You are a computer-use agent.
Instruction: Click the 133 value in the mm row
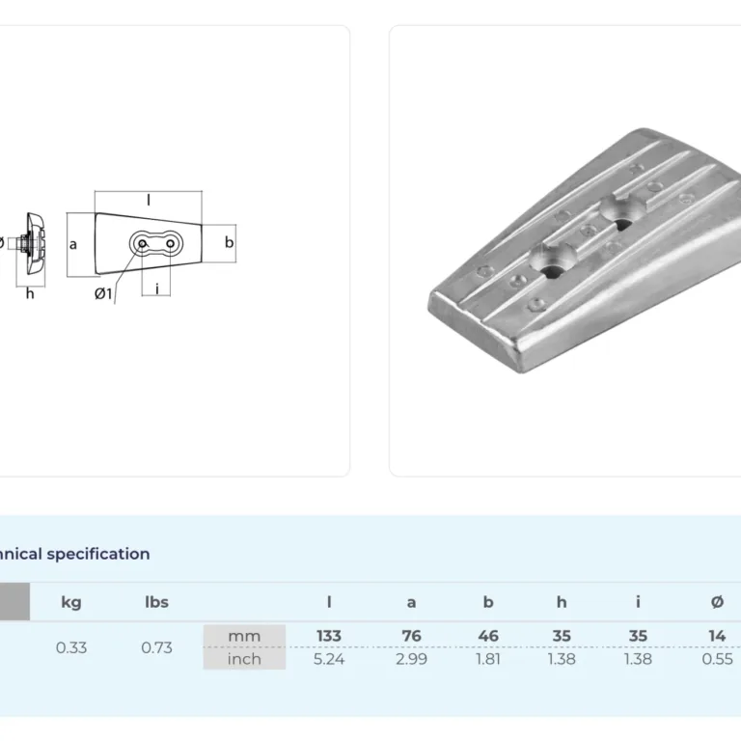pos(329,636)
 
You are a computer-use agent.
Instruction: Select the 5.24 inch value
pos(329,659)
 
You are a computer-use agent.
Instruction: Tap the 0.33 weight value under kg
pos(71,647)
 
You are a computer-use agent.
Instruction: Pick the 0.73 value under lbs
pos(156,647)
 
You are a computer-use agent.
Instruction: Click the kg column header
pos(71,602)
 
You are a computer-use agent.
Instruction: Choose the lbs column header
pos(156,602)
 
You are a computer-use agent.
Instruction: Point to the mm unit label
pos(244,636)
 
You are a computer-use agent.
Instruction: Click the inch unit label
pos(244,659)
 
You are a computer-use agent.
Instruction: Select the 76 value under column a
pos(412,636)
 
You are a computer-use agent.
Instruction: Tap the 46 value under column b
pos(488,636)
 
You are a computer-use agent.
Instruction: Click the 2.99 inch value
pos(412,659)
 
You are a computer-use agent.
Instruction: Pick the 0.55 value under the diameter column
pos(718,659)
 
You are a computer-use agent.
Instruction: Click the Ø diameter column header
pos(718,602)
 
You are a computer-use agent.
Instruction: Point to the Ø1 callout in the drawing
pos(103,294)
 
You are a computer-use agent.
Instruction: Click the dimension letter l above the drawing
pos(149,201)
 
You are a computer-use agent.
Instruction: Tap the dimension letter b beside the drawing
pos(230,242)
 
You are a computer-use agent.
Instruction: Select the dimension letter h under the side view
pos(30,294)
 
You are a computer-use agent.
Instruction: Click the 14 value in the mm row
pos(717,636)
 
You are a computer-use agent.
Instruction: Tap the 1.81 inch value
pos(488,659)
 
